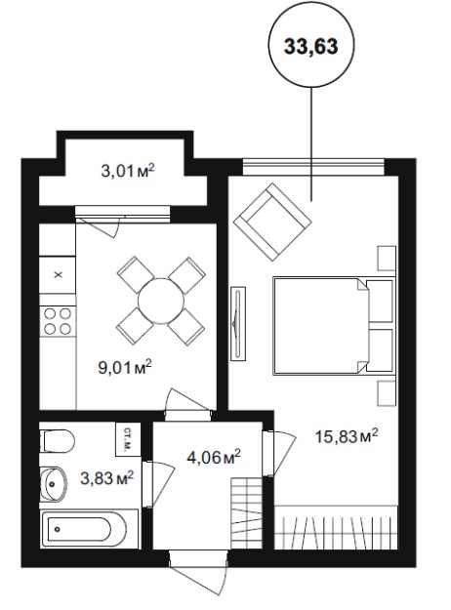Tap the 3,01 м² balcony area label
128,171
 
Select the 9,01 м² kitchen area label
125,367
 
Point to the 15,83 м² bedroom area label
346,436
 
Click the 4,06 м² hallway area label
213,457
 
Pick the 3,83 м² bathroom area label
107,477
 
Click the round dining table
161,301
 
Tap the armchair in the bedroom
272,223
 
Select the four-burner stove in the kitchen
58,321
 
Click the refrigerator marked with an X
58,274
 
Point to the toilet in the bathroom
57,441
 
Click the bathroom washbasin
54,484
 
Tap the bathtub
89,529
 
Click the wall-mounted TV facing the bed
238,324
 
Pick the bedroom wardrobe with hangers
336,527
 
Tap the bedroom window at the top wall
313,167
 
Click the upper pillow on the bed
380,301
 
